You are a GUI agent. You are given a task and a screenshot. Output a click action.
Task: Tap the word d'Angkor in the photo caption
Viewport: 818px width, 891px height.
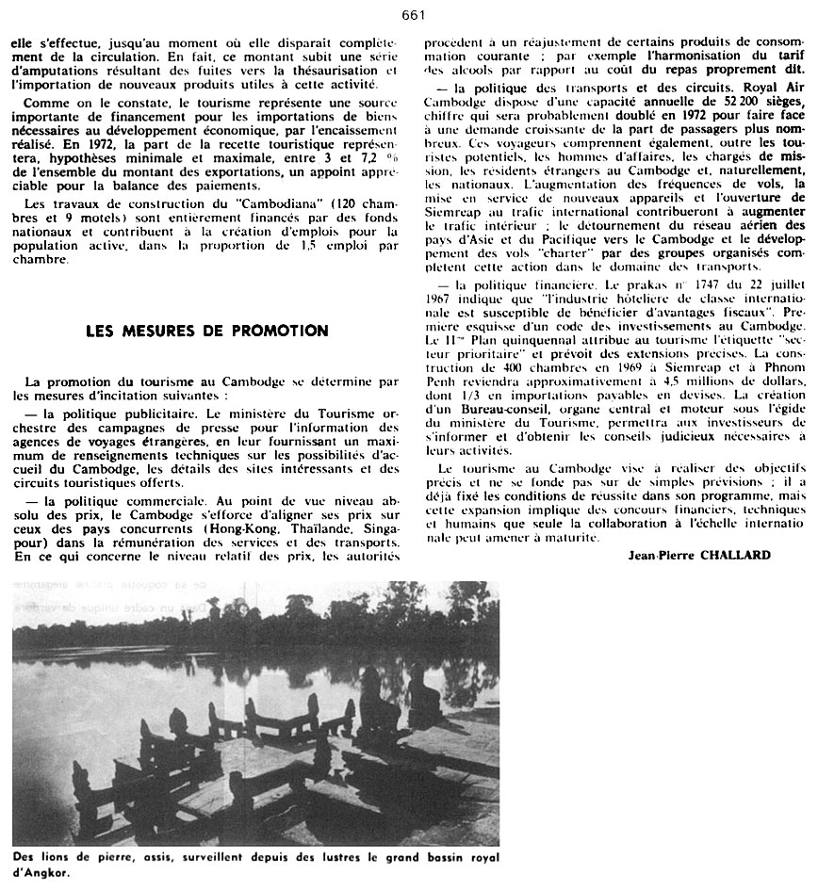point(37,873)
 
